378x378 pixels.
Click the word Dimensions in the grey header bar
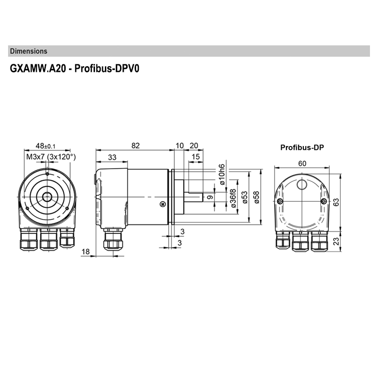28,51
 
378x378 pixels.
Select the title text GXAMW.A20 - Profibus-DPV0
75,68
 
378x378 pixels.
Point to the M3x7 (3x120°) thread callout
51,156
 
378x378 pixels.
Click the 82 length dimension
136,146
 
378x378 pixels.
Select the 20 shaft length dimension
194,146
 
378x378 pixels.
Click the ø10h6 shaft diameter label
220,175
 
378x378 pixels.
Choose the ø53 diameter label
244,197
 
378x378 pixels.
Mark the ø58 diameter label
256,197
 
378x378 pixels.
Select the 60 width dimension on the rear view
302,163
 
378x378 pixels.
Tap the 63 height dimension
336,202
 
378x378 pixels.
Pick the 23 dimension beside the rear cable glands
336,241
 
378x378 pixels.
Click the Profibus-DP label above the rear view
302,147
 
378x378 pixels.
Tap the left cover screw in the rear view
281,202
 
